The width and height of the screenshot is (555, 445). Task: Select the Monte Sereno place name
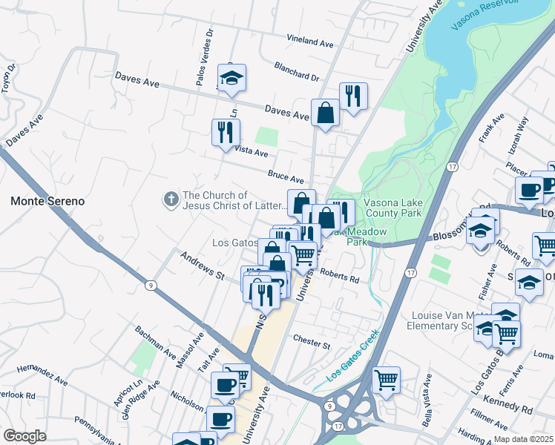point(47,201)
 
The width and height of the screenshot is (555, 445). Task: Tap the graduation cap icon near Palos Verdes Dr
point(231,78)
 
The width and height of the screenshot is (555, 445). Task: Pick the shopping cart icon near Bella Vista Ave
point(386,380)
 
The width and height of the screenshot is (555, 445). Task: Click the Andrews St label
point(202,265)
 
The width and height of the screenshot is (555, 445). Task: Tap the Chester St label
point(311,344)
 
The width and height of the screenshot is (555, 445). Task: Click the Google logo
point(24,436)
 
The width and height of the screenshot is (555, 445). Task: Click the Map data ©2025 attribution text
point(522,439)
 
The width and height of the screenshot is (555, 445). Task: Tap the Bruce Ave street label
point(286,177)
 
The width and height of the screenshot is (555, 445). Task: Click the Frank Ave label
point(491,128)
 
